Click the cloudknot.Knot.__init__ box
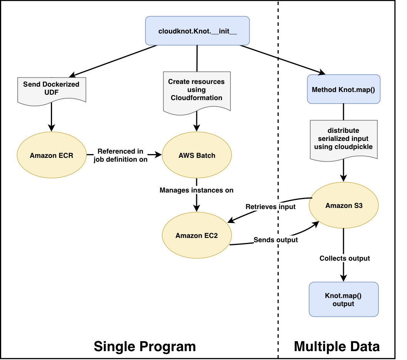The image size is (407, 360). coord(197,30)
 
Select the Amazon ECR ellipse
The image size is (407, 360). coord(52,155)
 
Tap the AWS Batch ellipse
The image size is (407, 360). coord(197,155)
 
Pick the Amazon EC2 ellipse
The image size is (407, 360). coord(197,235)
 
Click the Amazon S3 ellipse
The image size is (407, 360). coord(344,205)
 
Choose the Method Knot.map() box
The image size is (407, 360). coord(344,89)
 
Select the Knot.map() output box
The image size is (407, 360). coord(344,300)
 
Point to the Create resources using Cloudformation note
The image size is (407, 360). coord(197,91)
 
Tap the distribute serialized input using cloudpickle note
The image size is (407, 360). coord(344,139)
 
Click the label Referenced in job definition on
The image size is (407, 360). coord(121,155)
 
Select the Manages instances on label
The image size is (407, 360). coord(197,190)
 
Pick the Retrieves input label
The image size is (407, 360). coord(271,207)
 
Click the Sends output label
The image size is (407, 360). coord(276,240)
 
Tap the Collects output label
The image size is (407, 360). coord(345,258)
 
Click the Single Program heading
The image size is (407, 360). coord(145,346)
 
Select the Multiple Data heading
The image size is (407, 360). coord(336,346)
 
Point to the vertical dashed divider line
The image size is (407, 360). coord(278,270)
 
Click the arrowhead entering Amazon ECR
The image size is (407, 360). coord(52,128)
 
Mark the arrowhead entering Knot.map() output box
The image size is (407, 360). coord(344,278)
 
